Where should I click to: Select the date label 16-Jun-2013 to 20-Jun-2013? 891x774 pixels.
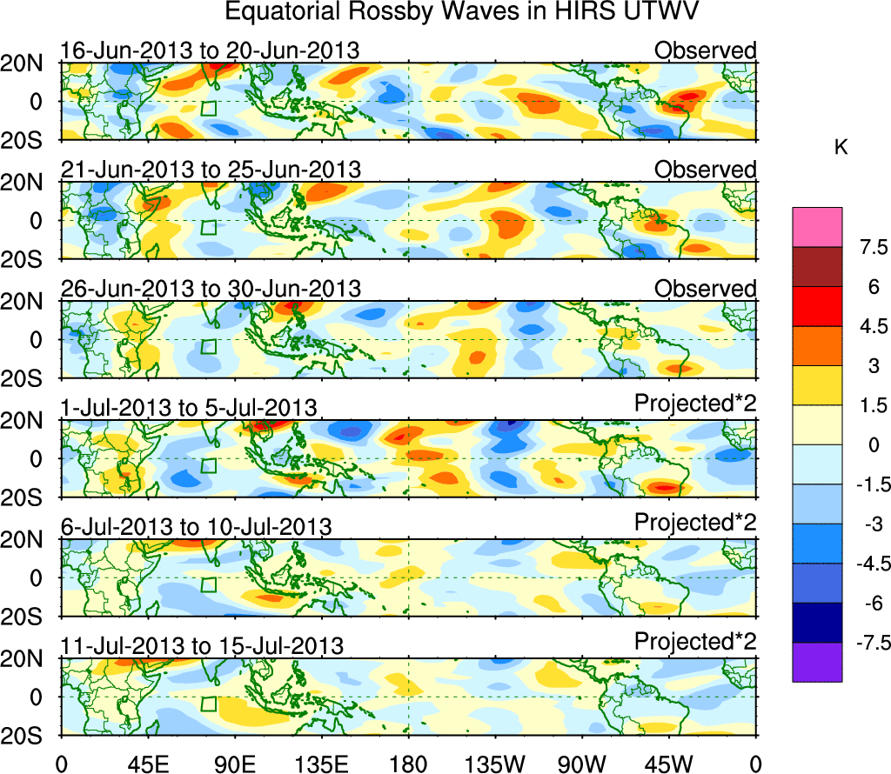click(x=210, y=50)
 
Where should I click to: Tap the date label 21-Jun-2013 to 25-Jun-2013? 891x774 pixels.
click(x=210, y=170)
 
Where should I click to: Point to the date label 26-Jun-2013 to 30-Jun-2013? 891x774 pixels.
click(x=210, y=289)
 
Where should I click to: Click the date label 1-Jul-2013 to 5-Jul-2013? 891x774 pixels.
click(x=189, y=408)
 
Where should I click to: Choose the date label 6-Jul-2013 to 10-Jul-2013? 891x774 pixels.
click(x=196, y=527)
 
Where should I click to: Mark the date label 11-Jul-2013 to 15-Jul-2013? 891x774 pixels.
click(x=202, y=646)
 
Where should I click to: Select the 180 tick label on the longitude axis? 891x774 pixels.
click(x=408, y=763)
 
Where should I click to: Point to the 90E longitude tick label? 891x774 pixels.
click(x=234, y=763)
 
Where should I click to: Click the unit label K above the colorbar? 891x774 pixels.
click(x=841, y=149)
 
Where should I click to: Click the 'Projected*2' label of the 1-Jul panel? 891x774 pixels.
click(x=694, y=404)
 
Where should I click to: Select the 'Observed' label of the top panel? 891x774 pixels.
click(x=705, y=50)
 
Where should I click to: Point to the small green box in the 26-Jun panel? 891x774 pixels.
click(x=208, y=346)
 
